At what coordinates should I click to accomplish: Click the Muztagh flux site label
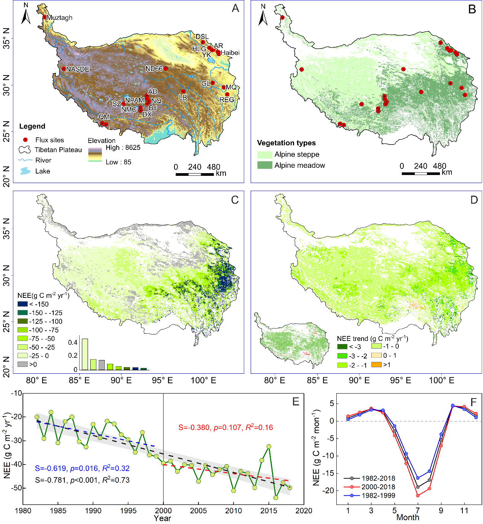(59, 18)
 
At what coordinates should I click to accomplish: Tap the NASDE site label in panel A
(78, 69)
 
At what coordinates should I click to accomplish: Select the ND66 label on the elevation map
(154, 69)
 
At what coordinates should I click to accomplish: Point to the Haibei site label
(230, 53)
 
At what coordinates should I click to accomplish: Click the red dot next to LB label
(183, 92)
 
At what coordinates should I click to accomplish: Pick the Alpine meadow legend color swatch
(265, 165)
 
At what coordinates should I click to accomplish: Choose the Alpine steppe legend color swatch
(265, 154)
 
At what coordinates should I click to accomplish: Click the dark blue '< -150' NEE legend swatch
(22, 304)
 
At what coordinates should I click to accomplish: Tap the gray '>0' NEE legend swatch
(22, 364)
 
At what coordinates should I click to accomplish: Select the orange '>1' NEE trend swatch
(376, 365)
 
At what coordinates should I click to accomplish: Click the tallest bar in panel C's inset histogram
(85, 354)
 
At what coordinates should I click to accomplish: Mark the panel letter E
(296, 402)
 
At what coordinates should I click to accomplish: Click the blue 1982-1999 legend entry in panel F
(378, 495)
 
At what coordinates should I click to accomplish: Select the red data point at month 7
(418, 495)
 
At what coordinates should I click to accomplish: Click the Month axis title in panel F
(408, 518)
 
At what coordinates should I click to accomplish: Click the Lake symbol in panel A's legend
(26, 171)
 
